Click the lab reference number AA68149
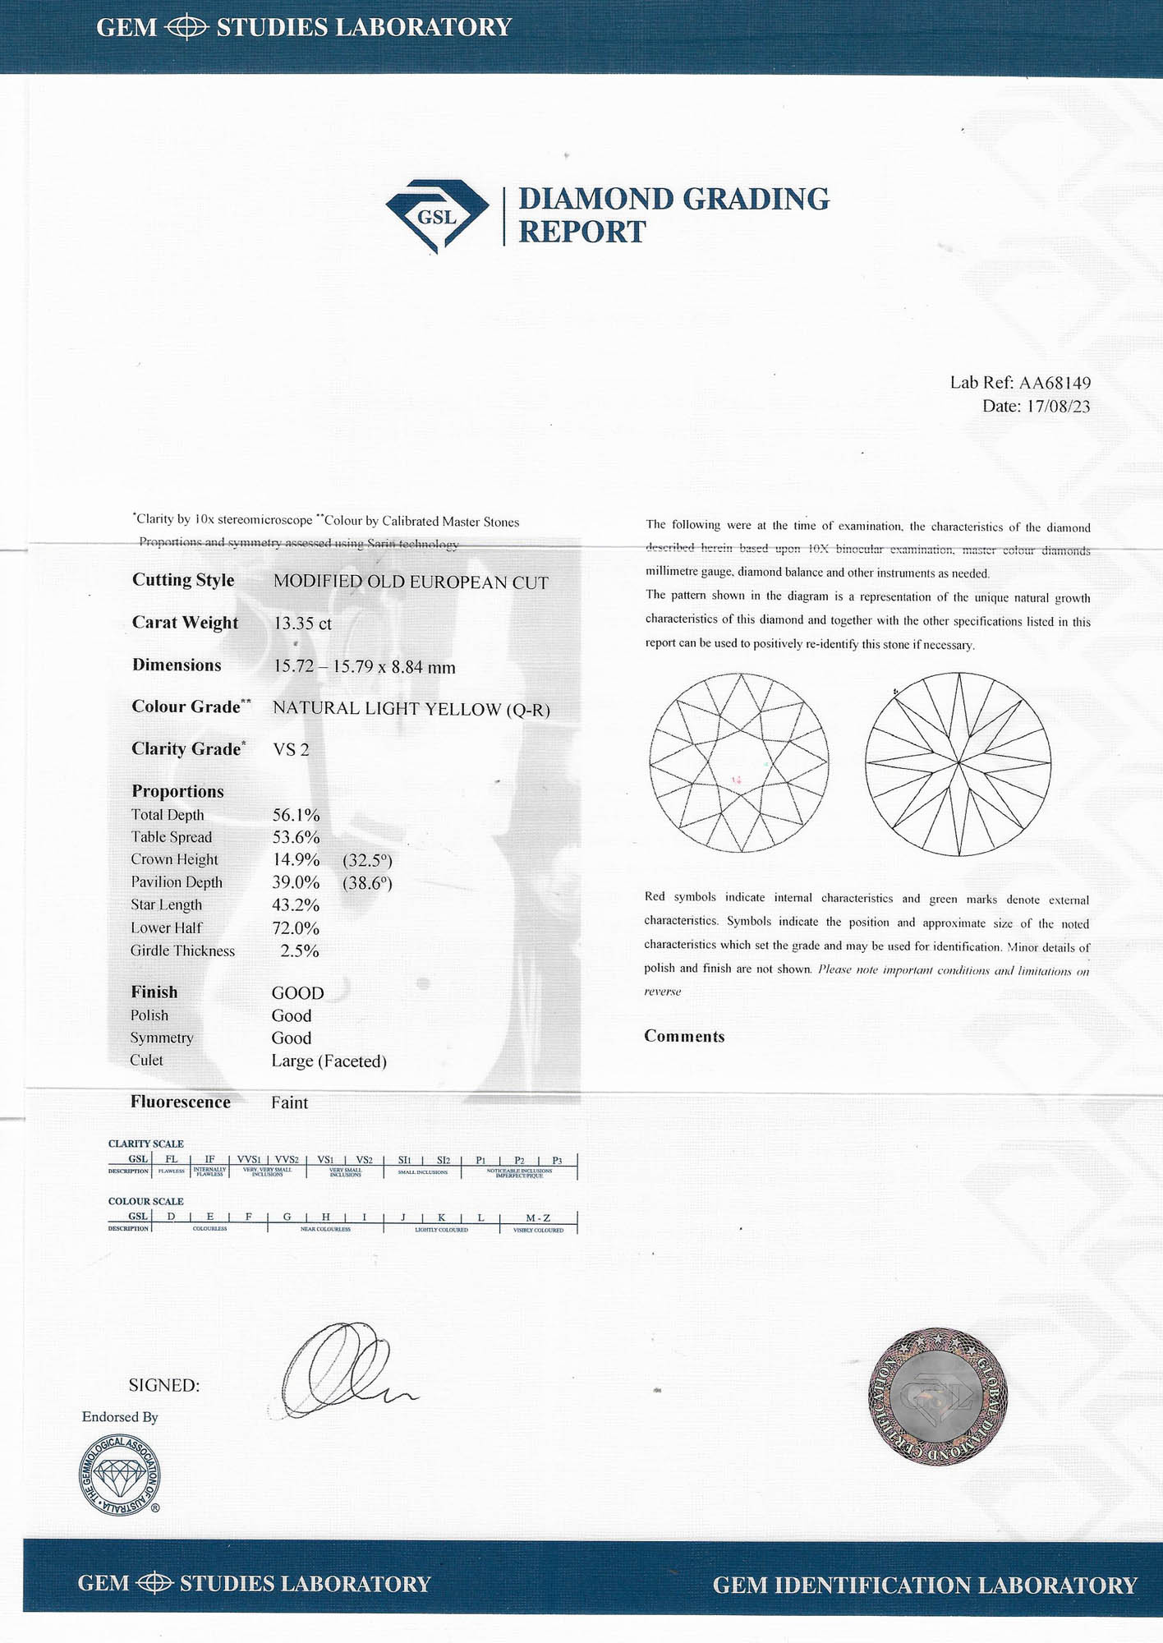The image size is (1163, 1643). click(x=1055, y=383)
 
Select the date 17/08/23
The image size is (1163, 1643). click(x=1058, y=407)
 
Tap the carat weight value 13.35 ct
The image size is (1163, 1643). click(x=302, y=624)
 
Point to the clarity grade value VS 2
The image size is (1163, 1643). click(x=291, y=749)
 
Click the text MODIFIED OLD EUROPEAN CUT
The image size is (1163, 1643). click(x=411, y=582)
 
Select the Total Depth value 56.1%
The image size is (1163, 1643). click(x=296, y=815)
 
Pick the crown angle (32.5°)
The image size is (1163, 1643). click(x=367, y=860)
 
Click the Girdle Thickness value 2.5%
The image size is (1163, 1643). click(x=299, y=951)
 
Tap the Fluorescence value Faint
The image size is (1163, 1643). click(x=290, y=1102)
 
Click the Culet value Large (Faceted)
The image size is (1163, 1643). click(x=329, y=1061)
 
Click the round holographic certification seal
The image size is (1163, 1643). click(x=937, y=1394)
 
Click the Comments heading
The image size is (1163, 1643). click(x=684, y=1037)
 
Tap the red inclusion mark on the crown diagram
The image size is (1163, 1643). click(x=737, y=780)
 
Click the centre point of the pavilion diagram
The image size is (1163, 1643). click(x=958, y=763)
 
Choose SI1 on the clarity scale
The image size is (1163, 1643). click(x=404, y=1160)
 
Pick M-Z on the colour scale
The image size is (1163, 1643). click(x=538, y=1217)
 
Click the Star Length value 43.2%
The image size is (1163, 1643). click(x=296, y=905)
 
